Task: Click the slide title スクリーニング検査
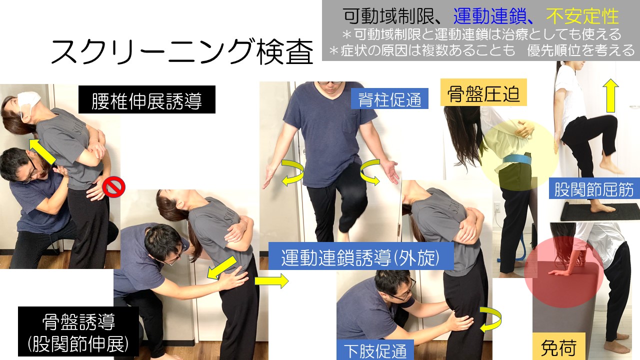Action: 182,52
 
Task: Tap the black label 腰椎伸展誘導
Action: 147,99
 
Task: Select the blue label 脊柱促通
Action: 389,98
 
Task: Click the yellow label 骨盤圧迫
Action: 483,92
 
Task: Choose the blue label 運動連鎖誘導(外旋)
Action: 360,256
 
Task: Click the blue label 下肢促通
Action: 375,349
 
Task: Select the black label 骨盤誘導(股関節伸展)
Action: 78,331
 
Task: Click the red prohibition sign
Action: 113,187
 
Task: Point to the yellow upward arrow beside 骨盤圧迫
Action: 610,95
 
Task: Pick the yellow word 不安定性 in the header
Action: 582,16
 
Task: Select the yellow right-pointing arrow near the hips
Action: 271,281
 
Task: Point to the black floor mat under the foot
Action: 600,211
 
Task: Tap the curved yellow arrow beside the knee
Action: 491,319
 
